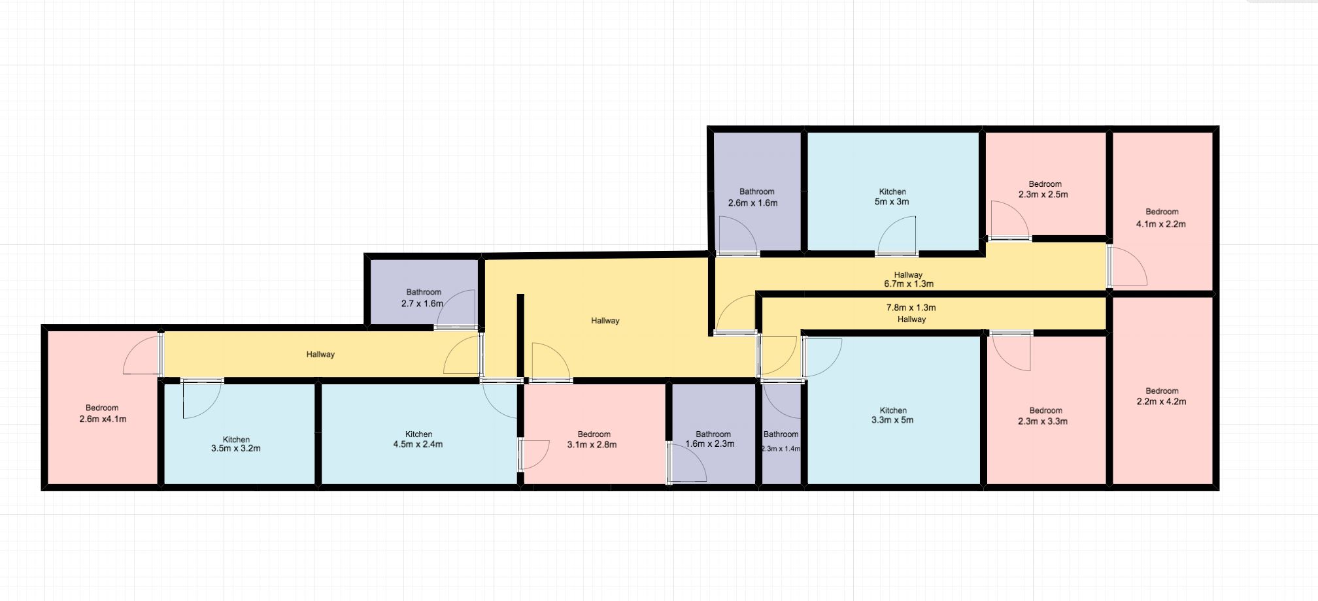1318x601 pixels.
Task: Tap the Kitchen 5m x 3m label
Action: (x=892, y=197)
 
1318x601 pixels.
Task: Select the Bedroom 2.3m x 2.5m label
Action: (x=1043, y=189)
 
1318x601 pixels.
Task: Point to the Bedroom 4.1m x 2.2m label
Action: (x=1161, y=218)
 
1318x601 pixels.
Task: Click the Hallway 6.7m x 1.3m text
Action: (x=909, y=280)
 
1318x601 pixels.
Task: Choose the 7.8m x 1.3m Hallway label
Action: (x=911, y=314)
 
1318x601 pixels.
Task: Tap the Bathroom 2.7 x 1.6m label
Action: (x=423, y=298)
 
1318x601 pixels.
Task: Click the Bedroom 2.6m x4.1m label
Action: (x=103, y=414)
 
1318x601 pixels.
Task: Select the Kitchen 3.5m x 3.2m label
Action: (x=236, y=444)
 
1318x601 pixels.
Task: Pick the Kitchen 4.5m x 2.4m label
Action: (x=418, y=439)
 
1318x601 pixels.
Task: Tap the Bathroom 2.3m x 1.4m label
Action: (x=781, y=441)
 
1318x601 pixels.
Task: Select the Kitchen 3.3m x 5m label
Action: (x=892, y=415)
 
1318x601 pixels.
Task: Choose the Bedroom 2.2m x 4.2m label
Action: (x=1161, y=397)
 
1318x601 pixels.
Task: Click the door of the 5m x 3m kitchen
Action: (x=897, y=235)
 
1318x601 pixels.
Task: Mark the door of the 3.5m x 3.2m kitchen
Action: (x=203, y=398)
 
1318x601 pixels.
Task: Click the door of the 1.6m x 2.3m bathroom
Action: (x=686, y=463)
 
